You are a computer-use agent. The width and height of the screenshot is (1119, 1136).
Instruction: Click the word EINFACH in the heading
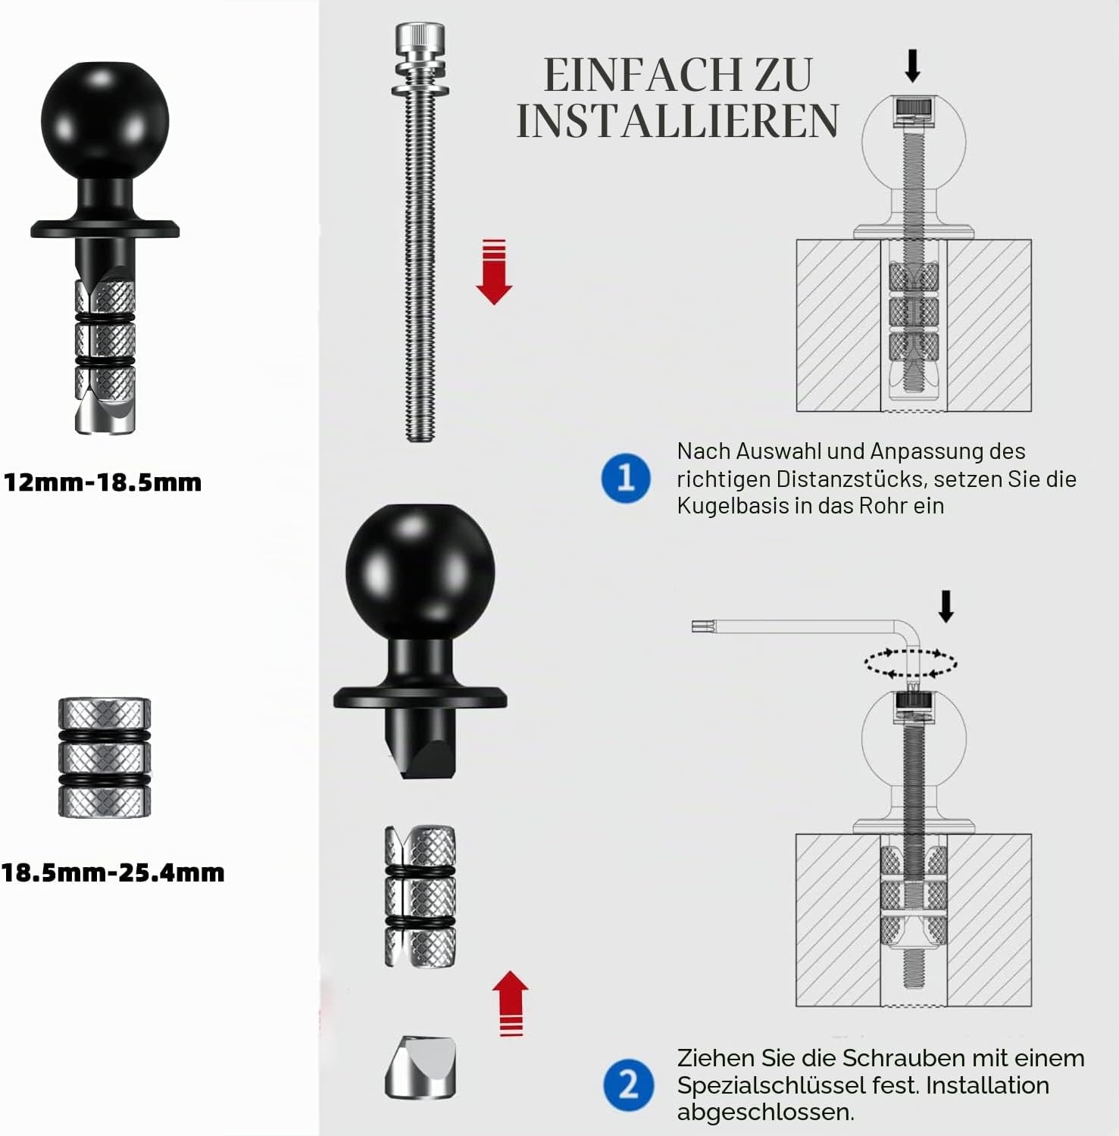642,74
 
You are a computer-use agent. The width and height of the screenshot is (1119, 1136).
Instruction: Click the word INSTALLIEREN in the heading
678,120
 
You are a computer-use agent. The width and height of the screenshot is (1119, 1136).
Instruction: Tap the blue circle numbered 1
626,478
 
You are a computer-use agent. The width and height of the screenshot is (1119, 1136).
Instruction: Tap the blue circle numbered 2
628,1085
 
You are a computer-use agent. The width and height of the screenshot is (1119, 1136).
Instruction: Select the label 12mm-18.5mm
102,482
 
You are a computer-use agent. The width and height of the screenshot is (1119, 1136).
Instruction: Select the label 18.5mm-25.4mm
113,872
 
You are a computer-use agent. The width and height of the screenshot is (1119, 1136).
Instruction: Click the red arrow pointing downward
494,272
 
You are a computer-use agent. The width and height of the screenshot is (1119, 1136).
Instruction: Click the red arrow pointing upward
511,1003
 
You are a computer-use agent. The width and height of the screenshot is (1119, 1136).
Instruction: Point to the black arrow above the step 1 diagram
913,66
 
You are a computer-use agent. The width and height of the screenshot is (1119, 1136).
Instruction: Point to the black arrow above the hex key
946,607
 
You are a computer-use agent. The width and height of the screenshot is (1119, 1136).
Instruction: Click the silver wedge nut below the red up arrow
420,1068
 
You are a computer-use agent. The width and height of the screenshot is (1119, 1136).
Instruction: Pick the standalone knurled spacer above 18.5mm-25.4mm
105,757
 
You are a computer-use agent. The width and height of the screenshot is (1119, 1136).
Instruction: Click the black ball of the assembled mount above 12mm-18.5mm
105,121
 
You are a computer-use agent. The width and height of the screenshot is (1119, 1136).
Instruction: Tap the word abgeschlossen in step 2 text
764,1113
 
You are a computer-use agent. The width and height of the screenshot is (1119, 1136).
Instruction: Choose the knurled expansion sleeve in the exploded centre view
420,897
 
